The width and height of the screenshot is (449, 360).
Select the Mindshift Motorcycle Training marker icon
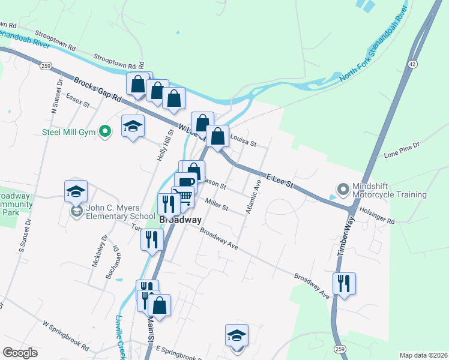coord(343,190)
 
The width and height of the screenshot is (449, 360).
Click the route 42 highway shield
coord(411,64)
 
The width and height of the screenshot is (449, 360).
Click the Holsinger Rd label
coord(378,217)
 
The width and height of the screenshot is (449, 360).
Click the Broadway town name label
coord(179,220)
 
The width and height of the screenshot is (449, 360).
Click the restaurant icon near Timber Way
coord(344,283)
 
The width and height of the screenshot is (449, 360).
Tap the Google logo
coord(20,353)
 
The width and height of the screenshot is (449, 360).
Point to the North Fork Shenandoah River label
coord(373,47)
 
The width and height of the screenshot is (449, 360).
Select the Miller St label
coord(216,205)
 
